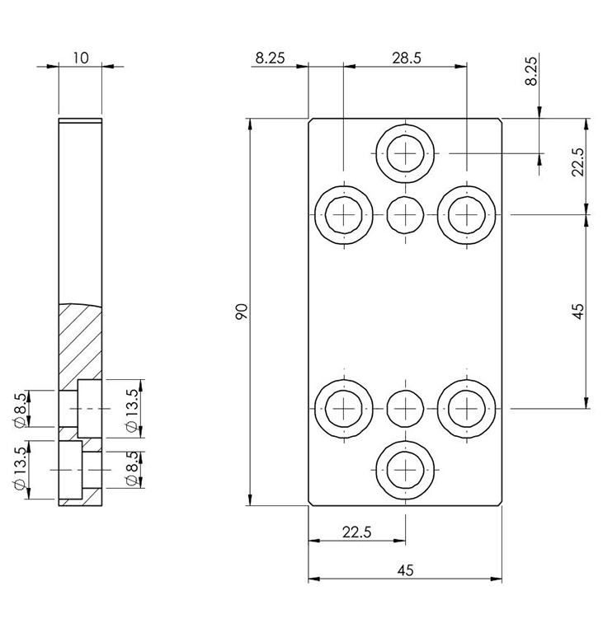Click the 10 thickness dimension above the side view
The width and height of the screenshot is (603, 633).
pos(81,58)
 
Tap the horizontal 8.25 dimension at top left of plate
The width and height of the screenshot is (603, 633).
pos(271,58)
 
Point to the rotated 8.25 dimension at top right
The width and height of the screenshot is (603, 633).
pos(531,71)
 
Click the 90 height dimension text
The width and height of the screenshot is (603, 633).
pos(241,312)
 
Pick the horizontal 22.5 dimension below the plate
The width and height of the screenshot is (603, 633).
pos(356,532)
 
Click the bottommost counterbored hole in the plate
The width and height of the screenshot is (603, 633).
pos(405,470)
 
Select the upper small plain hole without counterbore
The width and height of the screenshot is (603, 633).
pos(405,215)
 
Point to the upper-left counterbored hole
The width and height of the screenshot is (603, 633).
pos(343,215)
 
